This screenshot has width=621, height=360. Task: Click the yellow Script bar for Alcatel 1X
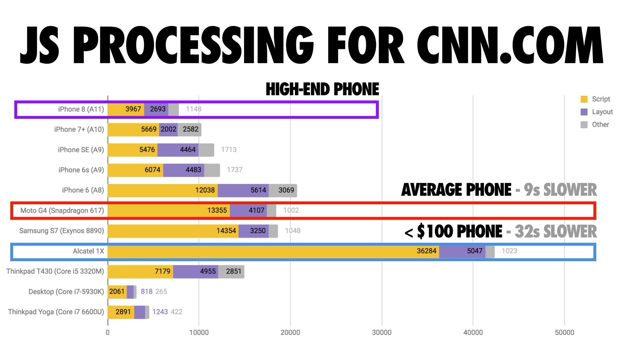click(273, 252)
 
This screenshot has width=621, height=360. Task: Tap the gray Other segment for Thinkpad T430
click(231, 272)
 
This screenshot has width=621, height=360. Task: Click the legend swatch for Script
click(584, 99)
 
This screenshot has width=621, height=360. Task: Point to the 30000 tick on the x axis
click(381, 332)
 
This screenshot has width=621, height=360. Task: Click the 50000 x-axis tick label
click(564, 332)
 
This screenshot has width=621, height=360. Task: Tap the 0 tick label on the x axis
click(108, 332)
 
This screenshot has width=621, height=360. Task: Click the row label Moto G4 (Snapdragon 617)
click(62, 210)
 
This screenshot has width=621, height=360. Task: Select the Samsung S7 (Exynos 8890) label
click(62, 231)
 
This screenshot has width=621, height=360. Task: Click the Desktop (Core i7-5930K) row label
click(66, 292)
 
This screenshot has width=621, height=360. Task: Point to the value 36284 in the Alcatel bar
click(426, 251)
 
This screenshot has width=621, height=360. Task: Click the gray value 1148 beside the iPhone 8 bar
click(193, 109)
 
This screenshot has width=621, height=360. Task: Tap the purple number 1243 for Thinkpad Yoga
click(160, 312)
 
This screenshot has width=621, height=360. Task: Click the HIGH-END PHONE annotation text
click(322, 89)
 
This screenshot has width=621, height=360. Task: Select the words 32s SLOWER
click(556, 232)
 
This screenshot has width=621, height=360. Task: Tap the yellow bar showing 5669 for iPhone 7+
click(133, 129)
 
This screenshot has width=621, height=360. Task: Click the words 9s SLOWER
click(560, 190)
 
